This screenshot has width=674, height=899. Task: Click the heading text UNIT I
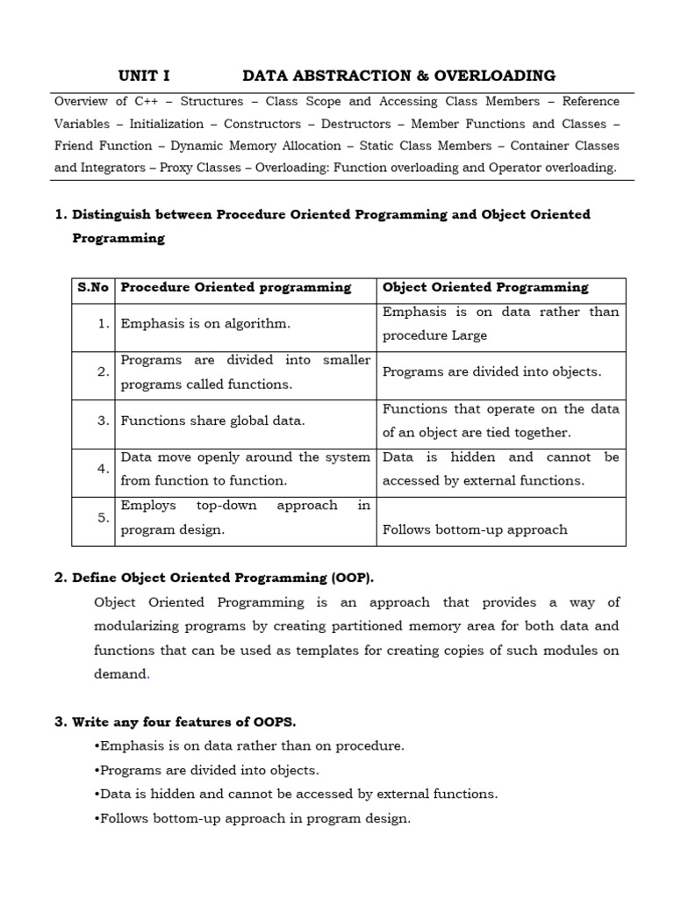point(144,76)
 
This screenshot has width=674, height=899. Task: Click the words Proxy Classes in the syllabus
point(200,168)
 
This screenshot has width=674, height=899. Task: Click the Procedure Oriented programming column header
point(235,288)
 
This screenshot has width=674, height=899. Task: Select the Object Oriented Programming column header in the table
point(485,288)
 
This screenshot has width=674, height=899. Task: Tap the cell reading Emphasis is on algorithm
point(205,324)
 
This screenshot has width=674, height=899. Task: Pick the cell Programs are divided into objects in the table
point(492,372)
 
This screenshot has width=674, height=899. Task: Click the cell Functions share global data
point(213,421)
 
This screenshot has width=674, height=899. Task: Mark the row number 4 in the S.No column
point(104,469)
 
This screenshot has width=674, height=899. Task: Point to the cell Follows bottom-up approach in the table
point(475,529)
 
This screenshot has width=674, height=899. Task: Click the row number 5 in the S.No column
point(104,517)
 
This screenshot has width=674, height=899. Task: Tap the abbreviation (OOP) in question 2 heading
point(352,578)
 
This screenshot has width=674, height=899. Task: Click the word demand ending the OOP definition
point(121,674)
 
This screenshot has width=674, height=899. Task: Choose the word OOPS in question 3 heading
point(273,723)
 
